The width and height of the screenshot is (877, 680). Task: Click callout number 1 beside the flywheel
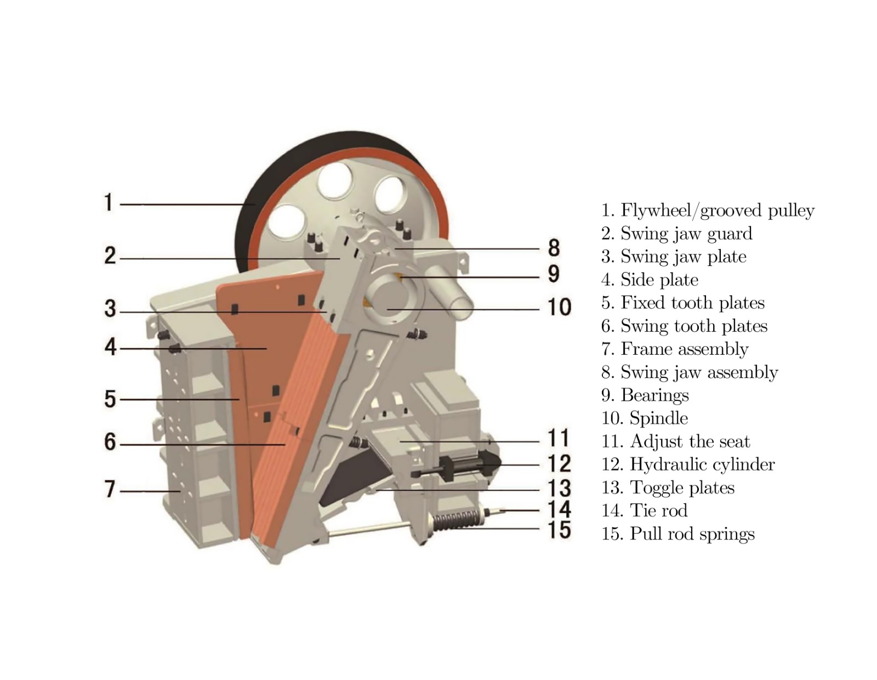(109, 202)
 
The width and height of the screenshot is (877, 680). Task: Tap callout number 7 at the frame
(110, 489)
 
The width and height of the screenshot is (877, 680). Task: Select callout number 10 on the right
(559, 307)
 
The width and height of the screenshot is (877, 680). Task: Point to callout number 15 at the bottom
(559, 530)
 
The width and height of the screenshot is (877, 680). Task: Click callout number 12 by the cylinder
(559, 464)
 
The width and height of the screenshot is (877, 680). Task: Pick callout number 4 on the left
(110, 347)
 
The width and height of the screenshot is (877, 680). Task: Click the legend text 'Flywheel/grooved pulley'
(717, 210)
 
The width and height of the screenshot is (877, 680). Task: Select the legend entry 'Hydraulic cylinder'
(702, 464)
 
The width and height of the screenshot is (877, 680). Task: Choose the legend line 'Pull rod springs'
(692, 534)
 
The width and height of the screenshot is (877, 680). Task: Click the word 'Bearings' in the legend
(654, 395)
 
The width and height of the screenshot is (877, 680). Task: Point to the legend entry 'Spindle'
(658, 418)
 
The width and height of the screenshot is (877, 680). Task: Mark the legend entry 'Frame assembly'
(684, 349)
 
